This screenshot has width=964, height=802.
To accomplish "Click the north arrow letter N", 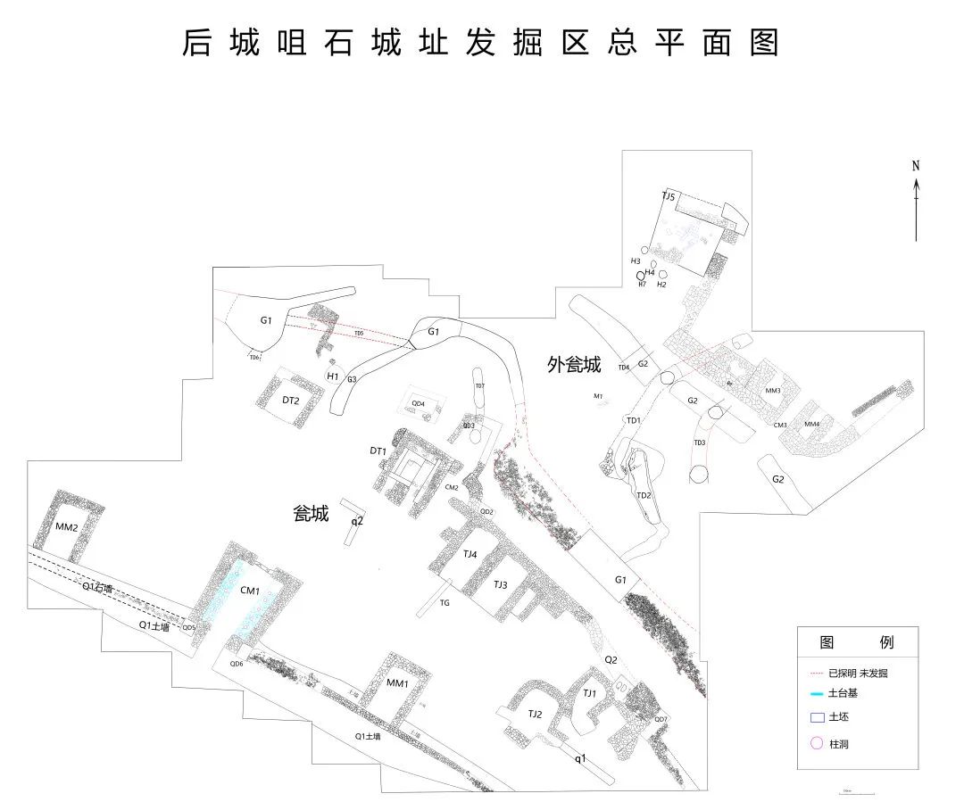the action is tap(916, 166).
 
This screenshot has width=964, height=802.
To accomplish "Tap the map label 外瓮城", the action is tap(574, 365).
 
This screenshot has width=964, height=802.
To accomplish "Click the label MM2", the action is tap(67, 527).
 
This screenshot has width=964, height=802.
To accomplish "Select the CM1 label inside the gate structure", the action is tap(250, 591).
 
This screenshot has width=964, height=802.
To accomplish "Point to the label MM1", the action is tap(397, 683).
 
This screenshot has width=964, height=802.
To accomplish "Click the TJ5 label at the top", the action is tap(669, 196).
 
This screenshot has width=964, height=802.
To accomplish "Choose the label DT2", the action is tap(290, 401).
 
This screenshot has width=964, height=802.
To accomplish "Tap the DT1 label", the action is tap(378, 451).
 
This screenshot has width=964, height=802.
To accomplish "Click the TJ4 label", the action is tap(470, 554).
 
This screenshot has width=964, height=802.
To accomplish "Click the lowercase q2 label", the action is tap(357, 520).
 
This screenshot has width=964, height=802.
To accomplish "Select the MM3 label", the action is tap(773, 391).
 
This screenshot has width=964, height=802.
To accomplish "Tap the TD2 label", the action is tap(644, 495).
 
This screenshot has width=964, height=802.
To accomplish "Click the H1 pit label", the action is tap(332, 376).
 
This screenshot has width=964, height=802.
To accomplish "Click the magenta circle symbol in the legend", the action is tap(815, 743).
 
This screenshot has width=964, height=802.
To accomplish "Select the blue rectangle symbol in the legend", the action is tap(816, 717).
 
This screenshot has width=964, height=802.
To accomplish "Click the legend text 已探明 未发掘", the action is tap(858, 674).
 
